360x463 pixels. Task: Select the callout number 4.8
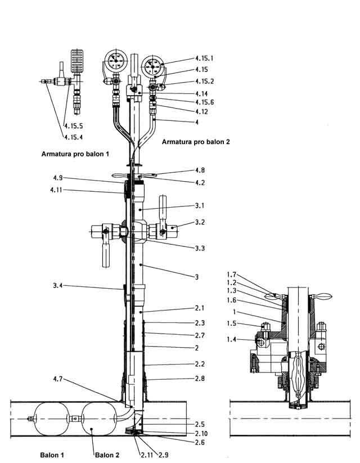click(x=201, y=170)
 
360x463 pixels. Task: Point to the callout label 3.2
click(x=201, y=222)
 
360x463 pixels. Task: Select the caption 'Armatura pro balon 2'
click(x=196, y=142)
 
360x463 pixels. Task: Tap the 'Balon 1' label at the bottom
click(x=52, y=454)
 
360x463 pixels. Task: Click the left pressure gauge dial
click(x=116, y=61)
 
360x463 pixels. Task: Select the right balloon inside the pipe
click(x=97, y=418)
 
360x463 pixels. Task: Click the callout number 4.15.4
click(x=73, y=137)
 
